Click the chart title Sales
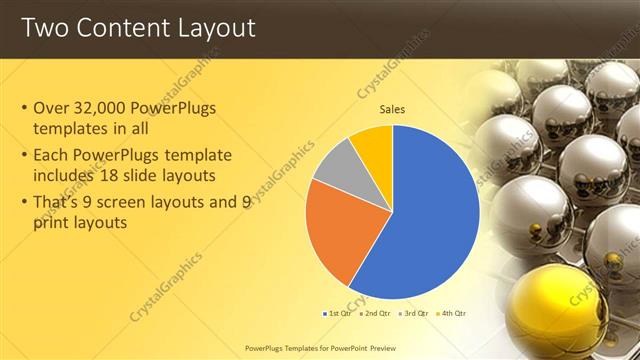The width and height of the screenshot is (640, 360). (x=392, y=109)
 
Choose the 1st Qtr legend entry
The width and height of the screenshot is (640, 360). (x=336, y=313)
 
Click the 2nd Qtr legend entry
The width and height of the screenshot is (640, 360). (x=374, y=313)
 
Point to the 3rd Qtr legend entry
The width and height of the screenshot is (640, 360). (x=412, y=313)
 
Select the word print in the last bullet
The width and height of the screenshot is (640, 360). (x=51, y=223)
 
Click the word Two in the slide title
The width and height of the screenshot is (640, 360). (x=41, y=27)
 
